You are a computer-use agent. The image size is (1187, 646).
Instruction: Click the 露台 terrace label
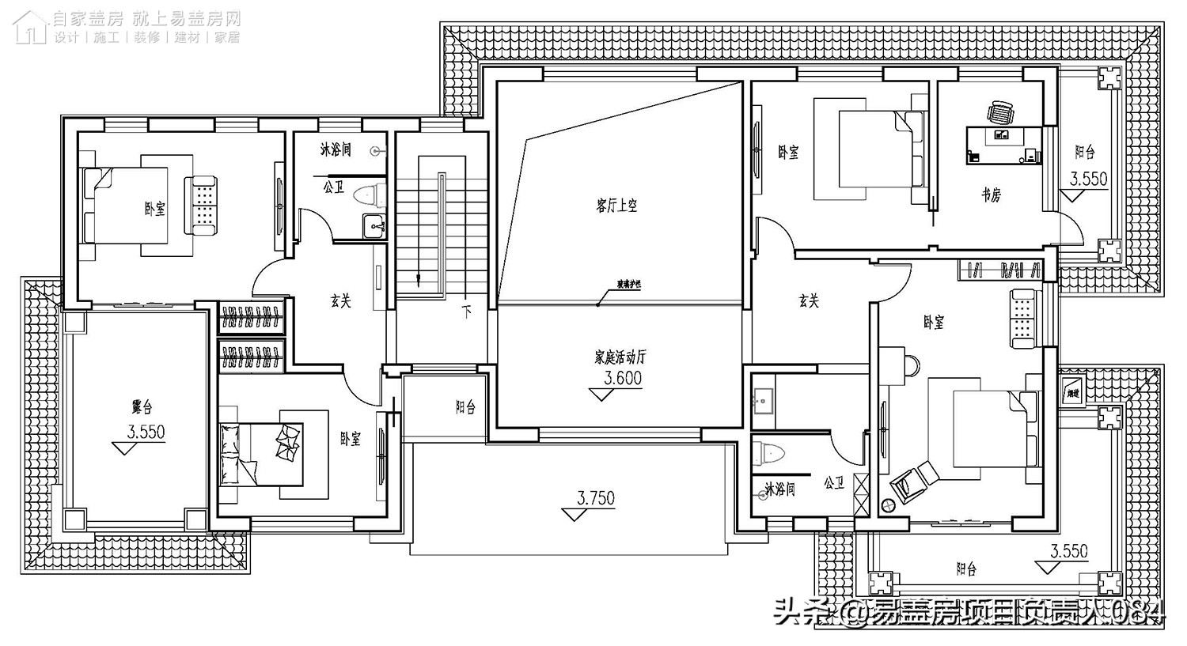(142, 407)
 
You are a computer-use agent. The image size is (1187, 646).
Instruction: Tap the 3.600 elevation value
(622, 379)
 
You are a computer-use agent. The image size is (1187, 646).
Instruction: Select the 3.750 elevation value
(595, 498)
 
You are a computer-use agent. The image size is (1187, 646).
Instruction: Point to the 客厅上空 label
(616, 206)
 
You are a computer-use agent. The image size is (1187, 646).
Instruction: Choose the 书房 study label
(991, 195)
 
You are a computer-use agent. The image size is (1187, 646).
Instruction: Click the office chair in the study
(999, 112)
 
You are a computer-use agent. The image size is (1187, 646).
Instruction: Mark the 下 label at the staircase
(467, 312)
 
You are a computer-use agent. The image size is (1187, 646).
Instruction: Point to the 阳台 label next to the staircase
(465, 407)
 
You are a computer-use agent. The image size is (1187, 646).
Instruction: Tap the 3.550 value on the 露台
(146, 433)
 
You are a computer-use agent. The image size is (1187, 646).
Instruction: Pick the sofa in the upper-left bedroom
(201, 206)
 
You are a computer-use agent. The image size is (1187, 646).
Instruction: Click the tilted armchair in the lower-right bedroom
(909, 481)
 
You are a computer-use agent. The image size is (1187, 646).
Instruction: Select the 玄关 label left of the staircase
(340, 300)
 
